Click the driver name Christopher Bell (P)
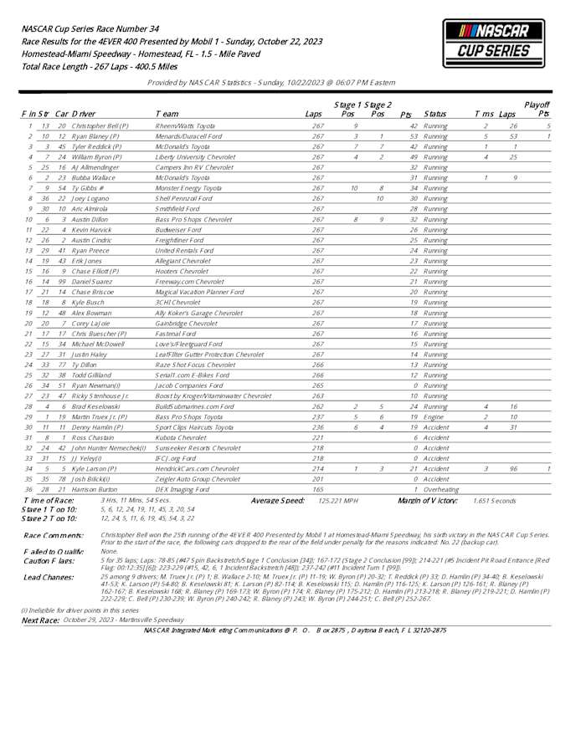pyautogui.click(x=100, y=125)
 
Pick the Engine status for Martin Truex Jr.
pyautogui.click(x=434, y=416)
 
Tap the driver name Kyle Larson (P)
pyautogui.click(x=93, y=468)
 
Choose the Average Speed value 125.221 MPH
pyautogui.click(x=338, y=500)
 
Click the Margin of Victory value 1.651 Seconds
pyautogui.click(x=495, y=500)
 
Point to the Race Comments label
pyautogui.click(x=54, y=533)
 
